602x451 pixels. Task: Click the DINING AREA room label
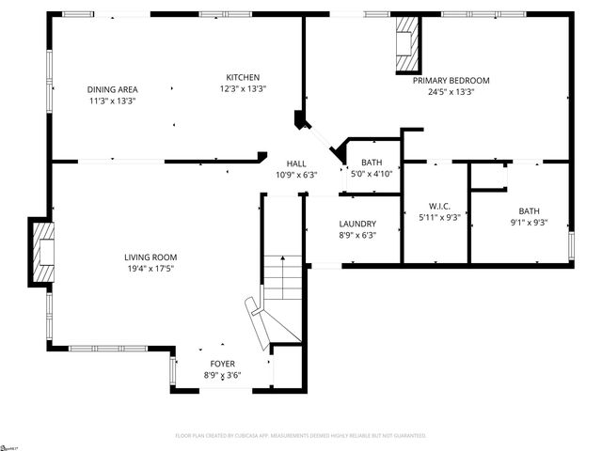pyautogui.click(x=113, y=89)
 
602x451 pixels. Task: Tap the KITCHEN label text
pyautogui.click(x=243, y=77)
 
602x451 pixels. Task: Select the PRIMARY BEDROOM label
pyautogui.click(x=451, y=81)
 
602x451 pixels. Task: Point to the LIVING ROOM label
pyautogui.click(x=150, y=257)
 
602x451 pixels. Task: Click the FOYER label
pyautogui.click(x=223, y=364)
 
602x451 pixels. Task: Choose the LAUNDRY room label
pyautogui.click(x=357, y=224)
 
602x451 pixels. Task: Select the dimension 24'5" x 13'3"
pyautogui.click(x=451, y=92)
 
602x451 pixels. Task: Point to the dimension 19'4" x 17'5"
pyautogui.click(x=150, y=268)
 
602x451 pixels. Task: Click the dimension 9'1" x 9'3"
pyautogui.click(x=529, y=223)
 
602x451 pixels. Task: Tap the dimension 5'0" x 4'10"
pyautogui.click(x=372, y=174)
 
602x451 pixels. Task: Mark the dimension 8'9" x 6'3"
pyautogui.click(x=357, y=235)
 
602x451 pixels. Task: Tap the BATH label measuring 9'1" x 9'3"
pyautogui.click(x=529, y=211)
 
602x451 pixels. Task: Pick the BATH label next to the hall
pyautogui.click(x=372, y=163)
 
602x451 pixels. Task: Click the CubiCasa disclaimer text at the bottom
pyautogui.click(x=301, y=436)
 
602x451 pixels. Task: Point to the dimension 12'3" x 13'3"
pyautogui.click(x=243, y=88)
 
